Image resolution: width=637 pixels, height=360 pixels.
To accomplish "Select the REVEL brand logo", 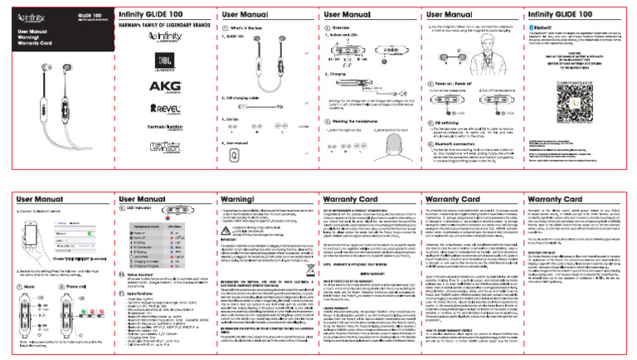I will click(x=160, y=108).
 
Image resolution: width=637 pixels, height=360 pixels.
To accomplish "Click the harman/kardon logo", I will click(x=160, y=131).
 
